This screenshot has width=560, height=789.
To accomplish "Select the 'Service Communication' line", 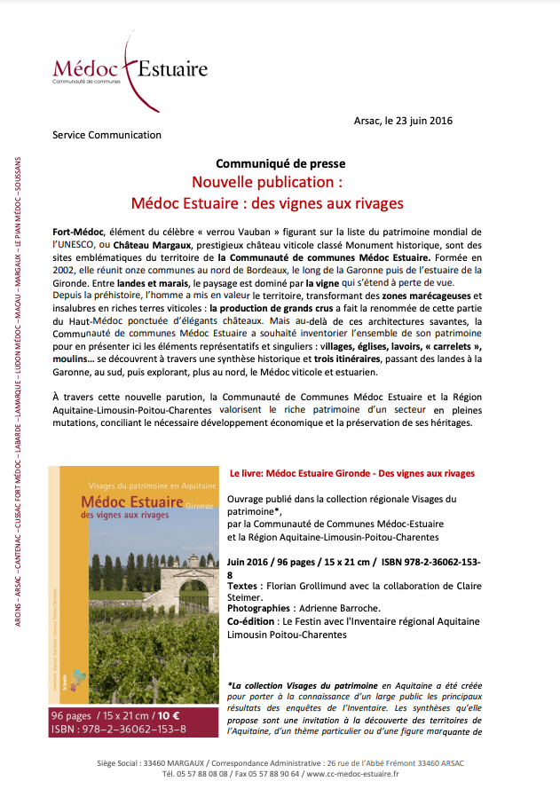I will [x=106, y=136].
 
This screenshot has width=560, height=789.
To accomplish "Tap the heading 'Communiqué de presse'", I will [x=280, y=164].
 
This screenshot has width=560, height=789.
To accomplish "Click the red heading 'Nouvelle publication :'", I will [x=267, y=183].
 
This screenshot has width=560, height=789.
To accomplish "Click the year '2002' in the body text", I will [x=63, y=269].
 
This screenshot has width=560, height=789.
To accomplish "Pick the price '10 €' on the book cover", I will [x=169, y=714].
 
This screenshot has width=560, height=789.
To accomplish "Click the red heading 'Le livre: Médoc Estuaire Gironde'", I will [x=351, y=474].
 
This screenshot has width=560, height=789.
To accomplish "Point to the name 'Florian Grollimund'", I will [x=312, y=587].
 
